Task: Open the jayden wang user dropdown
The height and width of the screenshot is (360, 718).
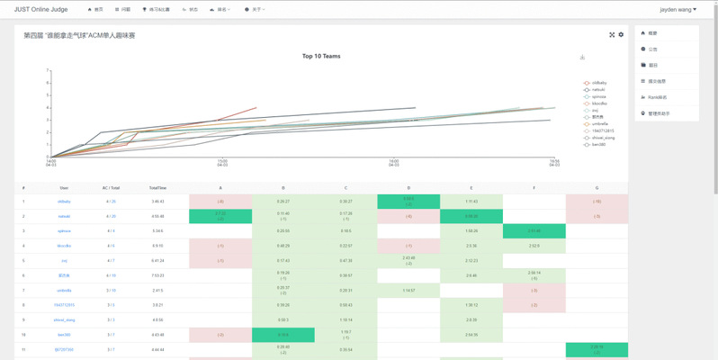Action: (x=678, y=9)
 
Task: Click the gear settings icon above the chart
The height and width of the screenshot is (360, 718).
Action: (x=621, y=35)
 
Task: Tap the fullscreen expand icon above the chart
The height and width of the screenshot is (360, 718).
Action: (x=612, y=35)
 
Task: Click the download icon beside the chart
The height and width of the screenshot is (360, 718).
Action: (x=582, y=58)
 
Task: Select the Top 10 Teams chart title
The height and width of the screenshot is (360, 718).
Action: (x=320, y=56)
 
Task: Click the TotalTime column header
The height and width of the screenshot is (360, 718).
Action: (x=157, y=187)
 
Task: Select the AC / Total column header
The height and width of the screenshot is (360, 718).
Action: (x=111, y=187)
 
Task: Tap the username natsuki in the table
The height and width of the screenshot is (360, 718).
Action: (x=64, y=216)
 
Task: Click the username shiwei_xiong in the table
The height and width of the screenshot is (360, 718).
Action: (x=64, y=319)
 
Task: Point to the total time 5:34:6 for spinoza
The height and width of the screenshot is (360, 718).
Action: (x=157, y=231)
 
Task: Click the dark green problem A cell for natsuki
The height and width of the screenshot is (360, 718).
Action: (x=220, y=216)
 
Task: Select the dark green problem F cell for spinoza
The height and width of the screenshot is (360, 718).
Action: (x=534, y=231)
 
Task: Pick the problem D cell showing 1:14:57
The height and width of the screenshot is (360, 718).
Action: (x=408, y=290)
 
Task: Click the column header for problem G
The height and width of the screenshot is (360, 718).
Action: (x=596, y=187)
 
